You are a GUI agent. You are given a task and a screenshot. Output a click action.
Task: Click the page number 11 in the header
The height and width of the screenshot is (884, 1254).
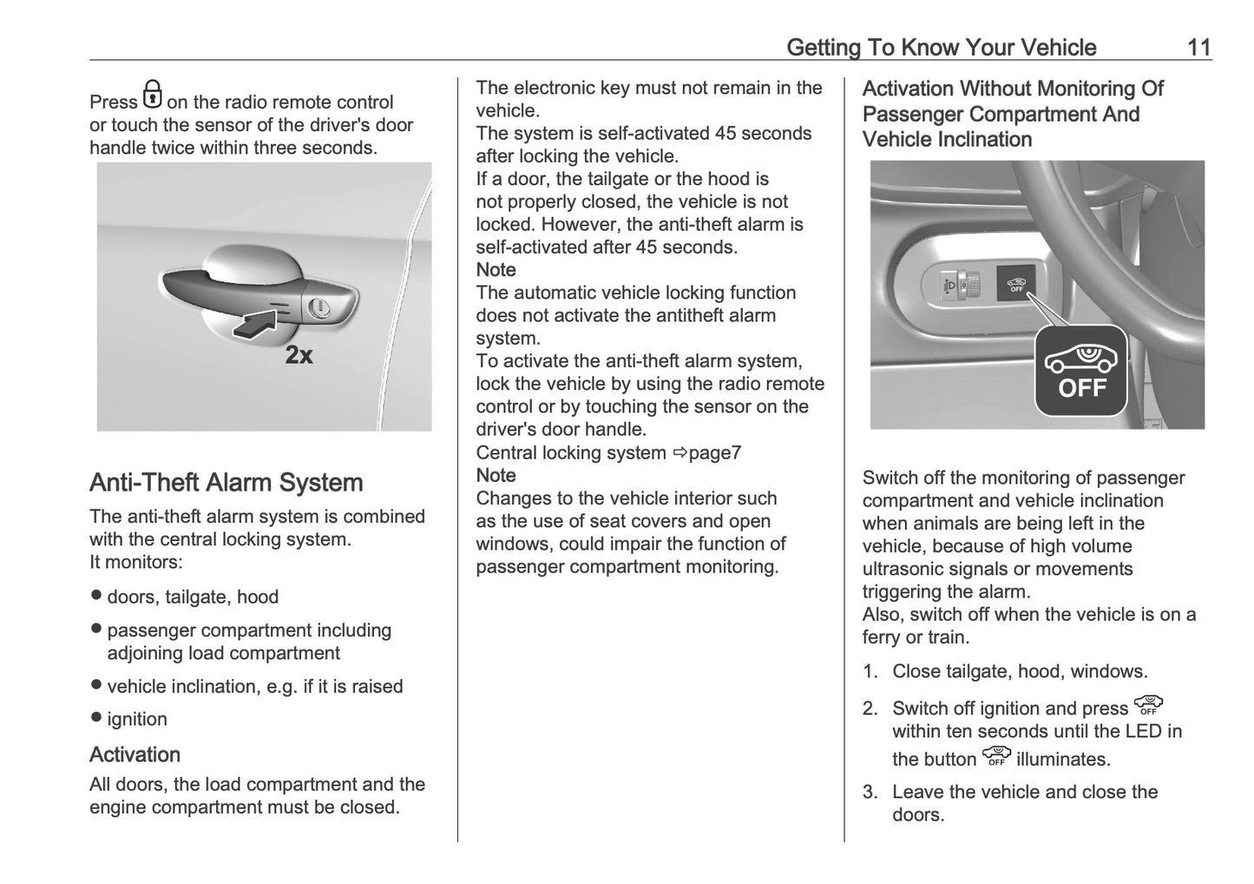(x=1198, y=47)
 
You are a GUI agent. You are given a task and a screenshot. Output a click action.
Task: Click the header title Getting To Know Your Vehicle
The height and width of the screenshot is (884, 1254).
(x=941, y=47)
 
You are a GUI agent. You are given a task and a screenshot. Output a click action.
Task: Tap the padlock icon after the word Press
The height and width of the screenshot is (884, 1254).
(x=152, y=94)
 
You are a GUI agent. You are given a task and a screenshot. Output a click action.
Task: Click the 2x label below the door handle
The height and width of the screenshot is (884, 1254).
(x=299, y=354)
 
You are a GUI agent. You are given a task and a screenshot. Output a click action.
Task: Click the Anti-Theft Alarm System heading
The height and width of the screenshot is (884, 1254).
(x=226, y=483)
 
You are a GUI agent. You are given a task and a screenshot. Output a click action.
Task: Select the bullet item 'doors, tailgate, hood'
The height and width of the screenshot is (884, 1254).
(x=193, y=597)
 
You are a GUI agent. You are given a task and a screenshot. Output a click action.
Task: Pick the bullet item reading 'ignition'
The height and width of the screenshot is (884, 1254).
(x=137, y=719)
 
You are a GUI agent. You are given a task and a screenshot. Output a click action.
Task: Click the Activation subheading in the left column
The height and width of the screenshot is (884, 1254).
(x=135, y=754)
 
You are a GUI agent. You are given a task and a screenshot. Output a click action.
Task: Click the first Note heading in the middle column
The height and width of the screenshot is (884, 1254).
(x=496, y=270)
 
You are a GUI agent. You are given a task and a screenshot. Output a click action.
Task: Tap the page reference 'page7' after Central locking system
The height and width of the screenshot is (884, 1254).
(x=714, y=452)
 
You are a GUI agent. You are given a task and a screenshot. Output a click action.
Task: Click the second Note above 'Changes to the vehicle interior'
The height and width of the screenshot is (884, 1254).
(x=496, y=475)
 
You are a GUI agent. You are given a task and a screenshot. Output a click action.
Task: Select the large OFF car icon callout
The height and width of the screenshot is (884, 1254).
(x=1080, y=370)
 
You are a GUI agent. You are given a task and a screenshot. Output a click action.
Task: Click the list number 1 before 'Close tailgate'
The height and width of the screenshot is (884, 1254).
(x=870, y=671)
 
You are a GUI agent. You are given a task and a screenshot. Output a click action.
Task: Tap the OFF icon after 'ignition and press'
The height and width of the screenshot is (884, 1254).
(x=1148, y=705)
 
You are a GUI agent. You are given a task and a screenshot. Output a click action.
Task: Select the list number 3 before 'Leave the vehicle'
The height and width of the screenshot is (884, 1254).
(x=870, y=792)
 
